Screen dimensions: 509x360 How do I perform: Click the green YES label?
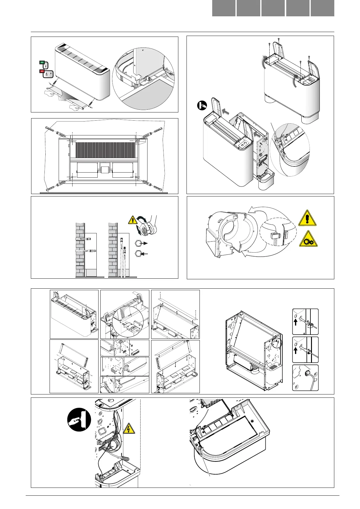pos(42,62)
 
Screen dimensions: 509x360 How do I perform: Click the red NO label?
pos(42,71)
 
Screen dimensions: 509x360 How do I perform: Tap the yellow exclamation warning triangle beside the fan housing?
pos(307,218)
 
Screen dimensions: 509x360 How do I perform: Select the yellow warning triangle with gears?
pos(308,239)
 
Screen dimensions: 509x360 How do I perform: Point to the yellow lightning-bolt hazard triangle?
pos(129,429)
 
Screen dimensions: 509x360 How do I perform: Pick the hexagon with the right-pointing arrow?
pos(138,243)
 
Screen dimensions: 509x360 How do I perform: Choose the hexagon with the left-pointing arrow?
pos(138,254)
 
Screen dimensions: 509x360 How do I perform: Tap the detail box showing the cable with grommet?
pos(305,378)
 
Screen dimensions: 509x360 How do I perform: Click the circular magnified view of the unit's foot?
pos(143,79)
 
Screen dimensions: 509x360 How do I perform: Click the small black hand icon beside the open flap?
pos(202,105)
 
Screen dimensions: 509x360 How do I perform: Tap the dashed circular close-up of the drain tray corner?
pos(290,150)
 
